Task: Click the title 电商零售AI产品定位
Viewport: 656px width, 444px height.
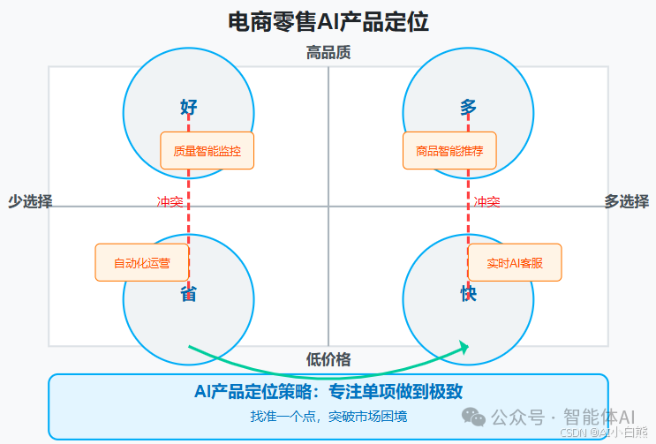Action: pos(328,22)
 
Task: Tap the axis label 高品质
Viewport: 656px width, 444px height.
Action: pos(328,53)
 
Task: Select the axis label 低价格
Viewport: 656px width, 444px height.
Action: pos(328,359)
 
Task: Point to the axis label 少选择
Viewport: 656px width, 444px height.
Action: pos(30,201)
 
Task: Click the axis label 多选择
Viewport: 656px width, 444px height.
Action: pos(626,201)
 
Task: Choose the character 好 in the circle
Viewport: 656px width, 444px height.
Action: pos(189,108)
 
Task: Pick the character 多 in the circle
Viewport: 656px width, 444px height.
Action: pos(468,108)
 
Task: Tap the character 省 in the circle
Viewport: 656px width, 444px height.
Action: pos(189,293)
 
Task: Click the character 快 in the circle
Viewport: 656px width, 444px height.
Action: pos(468,293)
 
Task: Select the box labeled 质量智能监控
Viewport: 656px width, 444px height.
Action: pos(207,150)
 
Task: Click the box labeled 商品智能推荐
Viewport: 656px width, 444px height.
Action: pos(449,150)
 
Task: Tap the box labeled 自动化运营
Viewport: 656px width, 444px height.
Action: pos(141,262)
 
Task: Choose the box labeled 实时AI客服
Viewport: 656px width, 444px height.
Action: pos(514,262)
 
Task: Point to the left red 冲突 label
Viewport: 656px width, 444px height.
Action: pos(170,202)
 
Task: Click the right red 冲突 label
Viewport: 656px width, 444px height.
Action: pos(486,202)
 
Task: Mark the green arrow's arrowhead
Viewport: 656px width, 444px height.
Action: pos(463,348)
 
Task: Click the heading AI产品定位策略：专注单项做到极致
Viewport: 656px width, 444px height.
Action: pos(328,392)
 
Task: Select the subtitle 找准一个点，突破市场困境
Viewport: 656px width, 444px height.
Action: pos(328,415)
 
